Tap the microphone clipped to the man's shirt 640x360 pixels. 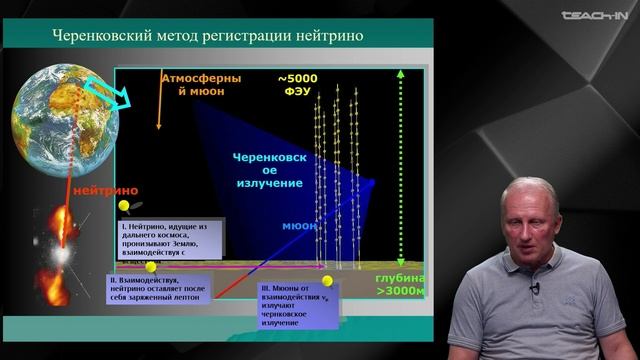[534, 289]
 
